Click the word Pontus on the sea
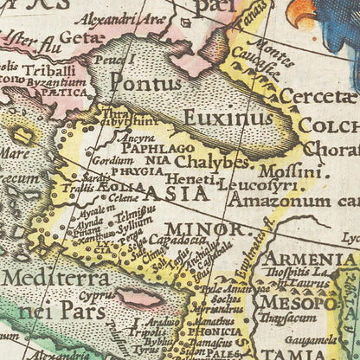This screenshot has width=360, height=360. click(x=145, y=84)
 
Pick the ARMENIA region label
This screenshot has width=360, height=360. click(x=309, y=259)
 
